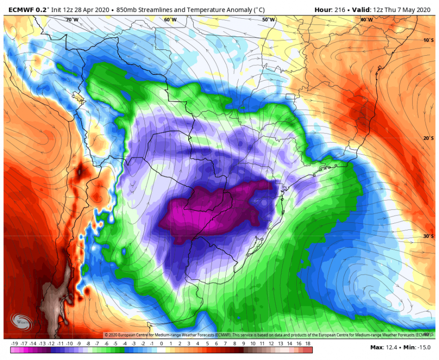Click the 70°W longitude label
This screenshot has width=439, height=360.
coord(72,20)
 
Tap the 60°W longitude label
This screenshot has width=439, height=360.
coord(170,20)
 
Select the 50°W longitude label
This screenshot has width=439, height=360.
coord(268,20)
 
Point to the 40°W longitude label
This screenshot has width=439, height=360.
coord(366,20)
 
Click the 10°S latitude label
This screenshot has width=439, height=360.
coord(428,40)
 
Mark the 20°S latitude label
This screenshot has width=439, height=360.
coord(428,138)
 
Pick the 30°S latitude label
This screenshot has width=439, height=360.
coord(428,236)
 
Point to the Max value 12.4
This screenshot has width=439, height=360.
coord(390,347)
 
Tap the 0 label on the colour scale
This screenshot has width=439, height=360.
coord(161,344)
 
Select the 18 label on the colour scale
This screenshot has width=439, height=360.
coord(308,344)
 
